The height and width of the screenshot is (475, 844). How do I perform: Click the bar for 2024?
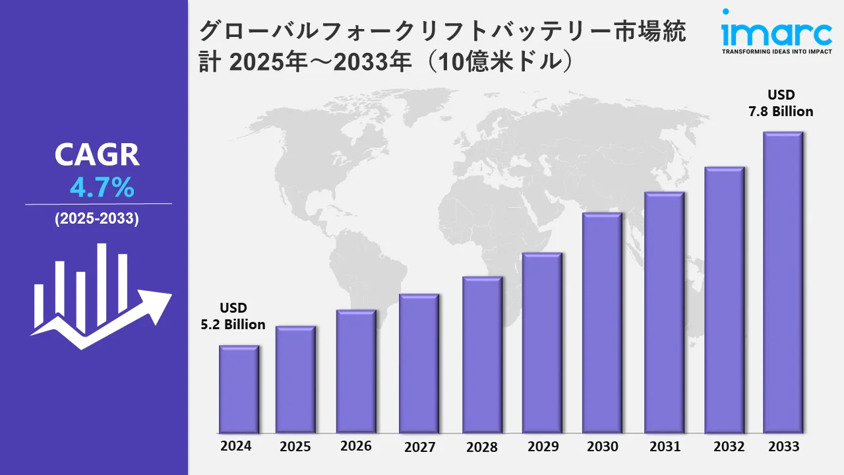[239, 389]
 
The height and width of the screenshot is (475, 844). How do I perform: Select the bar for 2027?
[419, 364]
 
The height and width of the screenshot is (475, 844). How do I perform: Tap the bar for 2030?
[602, 323]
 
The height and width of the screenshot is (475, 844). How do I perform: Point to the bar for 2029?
[542, 343]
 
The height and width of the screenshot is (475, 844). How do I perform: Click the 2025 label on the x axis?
[295, 447]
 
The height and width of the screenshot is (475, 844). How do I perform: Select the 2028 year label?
[482, 447]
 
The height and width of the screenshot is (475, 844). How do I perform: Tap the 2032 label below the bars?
[729, 446]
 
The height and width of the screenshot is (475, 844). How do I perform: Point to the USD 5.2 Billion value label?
[233, 316]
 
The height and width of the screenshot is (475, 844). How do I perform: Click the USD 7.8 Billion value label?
[781, 103]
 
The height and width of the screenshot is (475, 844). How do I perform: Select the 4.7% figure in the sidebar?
[102, 189]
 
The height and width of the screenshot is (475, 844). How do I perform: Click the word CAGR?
[97, 155]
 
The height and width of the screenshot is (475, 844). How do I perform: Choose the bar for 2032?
[724, 300]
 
